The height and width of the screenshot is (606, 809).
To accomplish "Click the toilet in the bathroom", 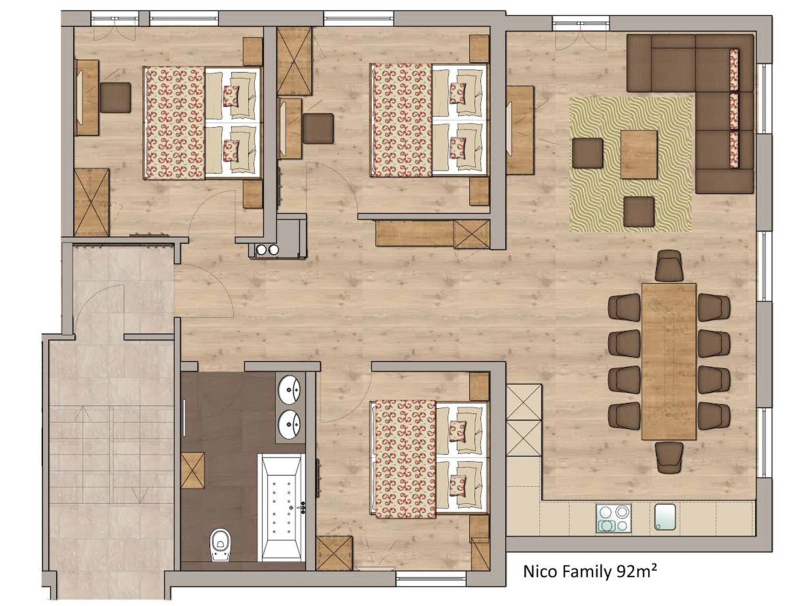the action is pyautogui.click(x=220, y=544).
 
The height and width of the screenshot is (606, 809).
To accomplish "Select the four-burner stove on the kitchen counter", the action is pyautogui.click(x=614, y=518).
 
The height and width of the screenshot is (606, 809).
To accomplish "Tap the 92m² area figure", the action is pyautogui.click(x=635, y=582).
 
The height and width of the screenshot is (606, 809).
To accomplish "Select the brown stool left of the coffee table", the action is pyautogui.click(x=587, y=153).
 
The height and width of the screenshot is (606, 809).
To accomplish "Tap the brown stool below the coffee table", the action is pyautogui.click(x=639, y=212).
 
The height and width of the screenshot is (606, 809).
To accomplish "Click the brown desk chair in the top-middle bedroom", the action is pyautogui.click(x=318, y=128).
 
